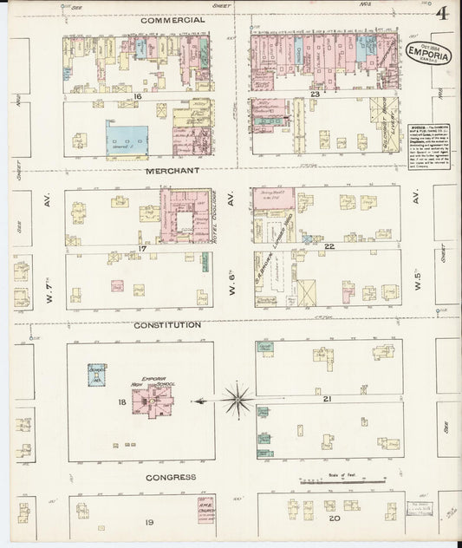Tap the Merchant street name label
(172, 171)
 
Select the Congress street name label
(171, 477)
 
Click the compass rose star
(236, 400)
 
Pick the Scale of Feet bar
(335, 480)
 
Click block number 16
(137, 96)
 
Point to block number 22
(329, 247)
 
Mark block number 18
(121, 402)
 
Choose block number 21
(328, 398)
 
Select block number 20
(334, 521)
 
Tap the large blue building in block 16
(127, 139)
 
